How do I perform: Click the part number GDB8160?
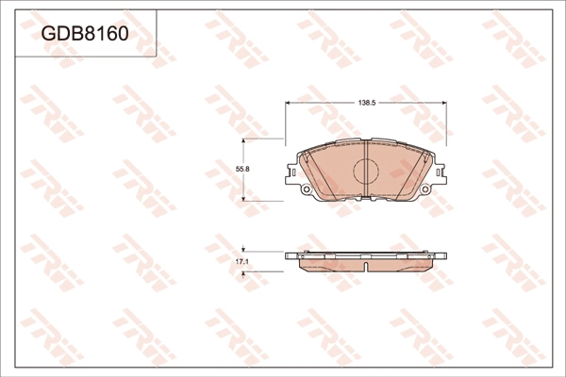[84, 35]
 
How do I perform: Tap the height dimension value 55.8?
[241, 169]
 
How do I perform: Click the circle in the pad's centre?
[365, 171]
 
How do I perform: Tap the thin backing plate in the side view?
[365, 254]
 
